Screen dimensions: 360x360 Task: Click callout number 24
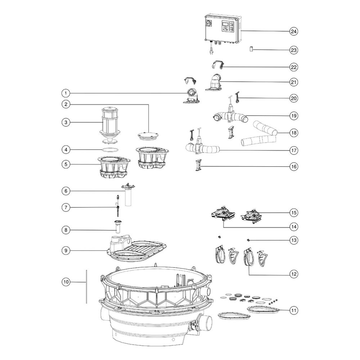294,31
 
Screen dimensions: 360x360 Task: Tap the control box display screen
225,24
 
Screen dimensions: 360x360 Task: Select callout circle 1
66,93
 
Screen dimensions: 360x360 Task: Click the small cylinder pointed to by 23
251,49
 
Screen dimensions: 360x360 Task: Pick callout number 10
66,282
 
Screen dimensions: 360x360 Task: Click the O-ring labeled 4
111,150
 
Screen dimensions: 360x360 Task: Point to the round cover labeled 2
148,135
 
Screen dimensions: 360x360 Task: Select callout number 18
294,133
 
